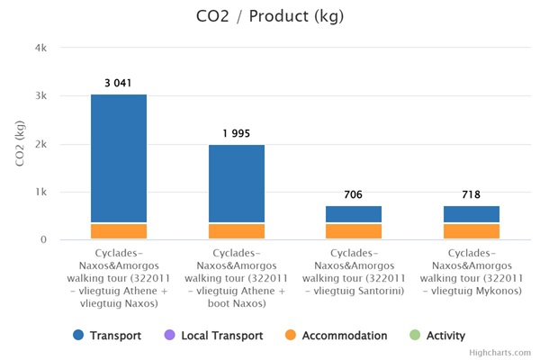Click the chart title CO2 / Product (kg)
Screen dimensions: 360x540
coord(269,17)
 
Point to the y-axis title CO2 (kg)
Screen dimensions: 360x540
coord(19,144)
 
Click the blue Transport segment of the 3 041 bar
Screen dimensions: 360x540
coord(119,158)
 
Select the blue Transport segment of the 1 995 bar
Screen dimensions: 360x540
coord(237,184)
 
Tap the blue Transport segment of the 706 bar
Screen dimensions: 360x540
coord(354,214)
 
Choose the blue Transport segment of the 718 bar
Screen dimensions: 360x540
coord(472,214)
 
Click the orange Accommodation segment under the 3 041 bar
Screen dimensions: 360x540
coord(119,231)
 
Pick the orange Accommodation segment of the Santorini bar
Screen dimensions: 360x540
coord(354,231)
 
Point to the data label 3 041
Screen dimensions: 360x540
coord(119,83)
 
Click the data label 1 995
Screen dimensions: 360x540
coord(237,133)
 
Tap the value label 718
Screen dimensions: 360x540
coord(472,194)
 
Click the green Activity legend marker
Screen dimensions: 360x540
coord(415,336)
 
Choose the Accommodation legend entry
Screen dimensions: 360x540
coord(337,336)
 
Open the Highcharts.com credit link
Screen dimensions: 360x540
coord(500,353)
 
